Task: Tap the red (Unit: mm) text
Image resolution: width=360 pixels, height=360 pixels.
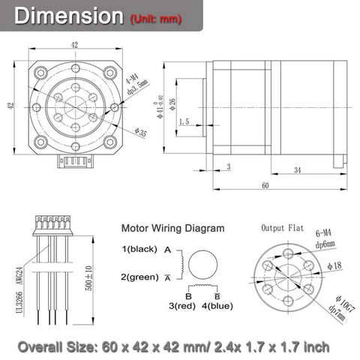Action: coord(154,18)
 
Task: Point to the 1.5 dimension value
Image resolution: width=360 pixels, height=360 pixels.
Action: coord(184,120)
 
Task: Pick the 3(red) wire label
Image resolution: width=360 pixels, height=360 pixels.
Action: coord(182,305)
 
